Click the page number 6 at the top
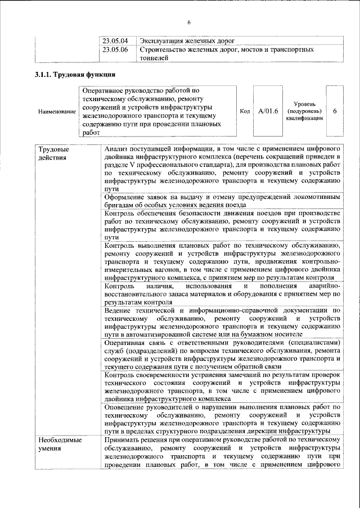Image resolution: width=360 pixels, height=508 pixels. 188,22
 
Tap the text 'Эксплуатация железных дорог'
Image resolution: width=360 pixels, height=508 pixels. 186,41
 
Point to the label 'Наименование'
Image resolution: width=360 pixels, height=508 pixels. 57,111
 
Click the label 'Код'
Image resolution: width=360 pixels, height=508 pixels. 245,111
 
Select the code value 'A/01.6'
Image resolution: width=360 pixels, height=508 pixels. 268,111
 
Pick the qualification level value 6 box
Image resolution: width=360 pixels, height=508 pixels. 335,111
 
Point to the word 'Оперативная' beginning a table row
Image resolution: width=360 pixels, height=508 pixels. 127,342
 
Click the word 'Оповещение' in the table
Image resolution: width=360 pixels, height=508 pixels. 125,406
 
